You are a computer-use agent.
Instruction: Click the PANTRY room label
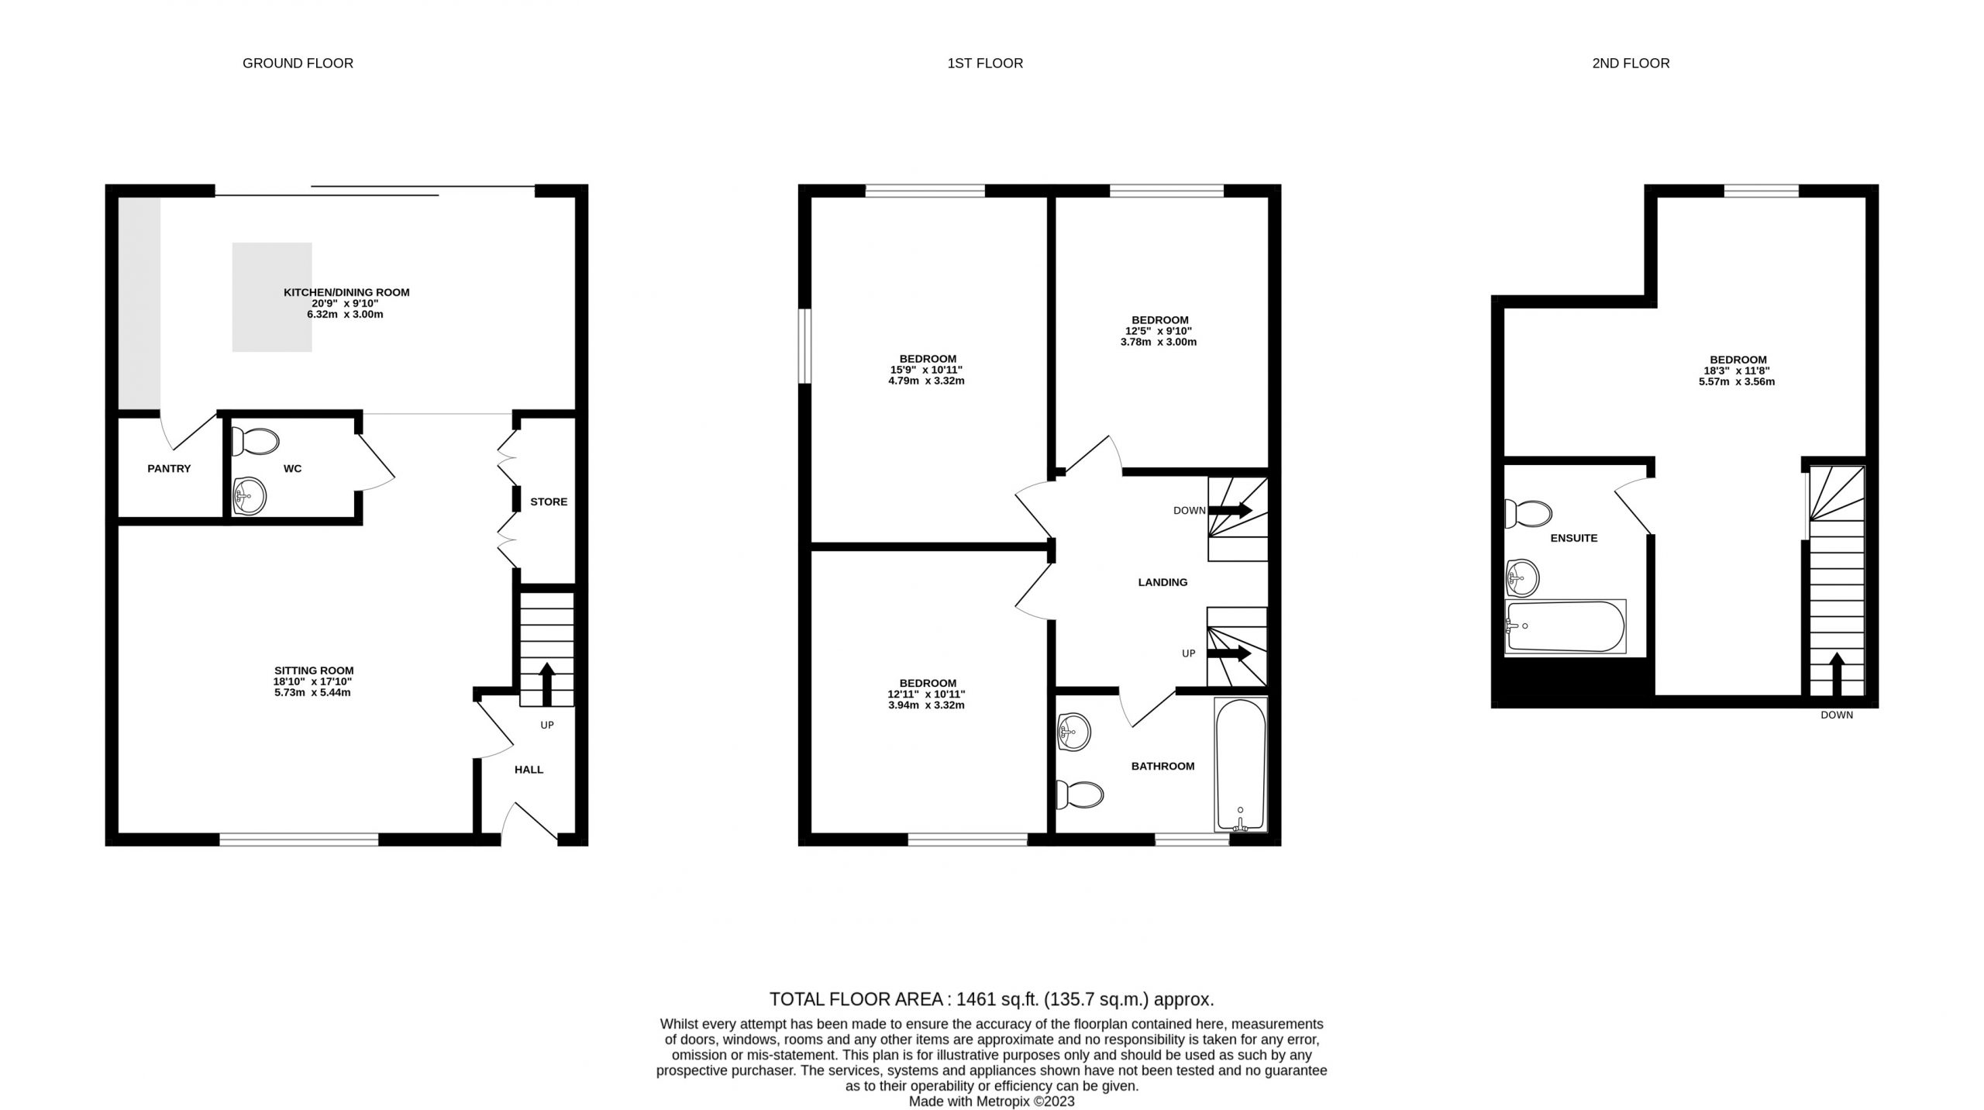click(169, 469)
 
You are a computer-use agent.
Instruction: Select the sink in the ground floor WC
click(250, 495)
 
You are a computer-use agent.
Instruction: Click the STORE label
click(549, 502)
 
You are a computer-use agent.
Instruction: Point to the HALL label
click(529, 770)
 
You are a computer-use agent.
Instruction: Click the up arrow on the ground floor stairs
click(547, 684)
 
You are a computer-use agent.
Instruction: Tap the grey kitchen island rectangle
click(272, 297)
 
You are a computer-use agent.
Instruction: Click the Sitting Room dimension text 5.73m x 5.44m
click(312, 692)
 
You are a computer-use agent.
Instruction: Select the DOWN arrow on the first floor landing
click(1230, 510)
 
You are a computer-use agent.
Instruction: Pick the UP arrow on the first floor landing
click(1229, 653)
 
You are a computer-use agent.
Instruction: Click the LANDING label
click(1162, 582)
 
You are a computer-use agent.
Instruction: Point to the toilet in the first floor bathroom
click(1080, 794)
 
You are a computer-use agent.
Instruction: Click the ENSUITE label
click(1574, 538)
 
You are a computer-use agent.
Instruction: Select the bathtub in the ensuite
click(1565, 626)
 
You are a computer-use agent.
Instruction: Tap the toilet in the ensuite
click(1528, 513)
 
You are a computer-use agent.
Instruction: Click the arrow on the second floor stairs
click(1836, 674)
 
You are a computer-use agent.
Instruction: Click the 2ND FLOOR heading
click(1631, 64)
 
